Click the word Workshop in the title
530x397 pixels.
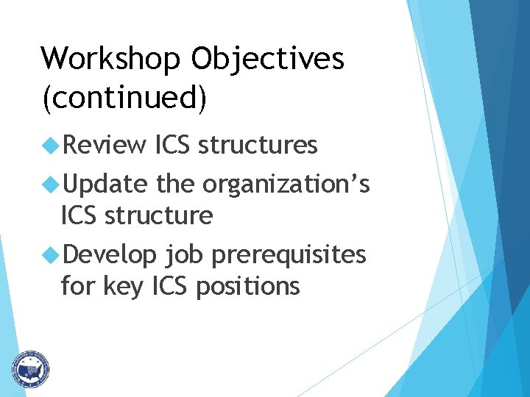tap(107, 59)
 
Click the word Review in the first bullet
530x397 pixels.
tap(105, 146)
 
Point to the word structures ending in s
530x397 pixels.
tap(258, 146)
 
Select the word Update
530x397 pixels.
tap(106, 184)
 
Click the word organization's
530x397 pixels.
tap(286, 184)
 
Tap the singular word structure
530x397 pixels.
tap(159, 215)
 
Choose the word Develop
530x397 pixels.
tap(110, 254)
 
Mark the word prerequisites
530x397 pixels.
tap(288, 254)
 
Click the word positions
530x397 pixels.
tap(248, 286)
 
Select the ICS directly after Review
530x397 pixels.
tap(174, 146)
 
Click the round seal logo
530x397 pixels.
tap(30, 368)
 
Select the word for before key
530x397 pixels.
tap(77, 286)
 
